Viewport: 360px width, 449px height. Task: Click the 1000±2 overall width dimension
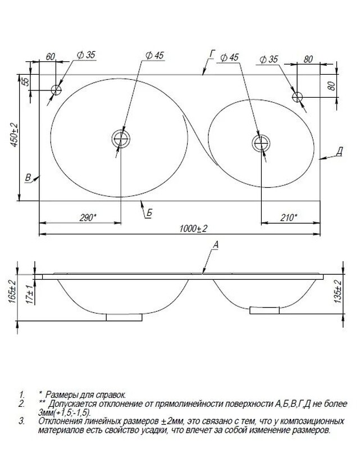coord(193,229)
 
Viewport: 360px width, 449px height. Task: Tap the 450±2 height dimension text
coord(14,135)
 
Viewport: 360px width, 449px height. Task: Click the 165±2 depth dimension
coord(12,291)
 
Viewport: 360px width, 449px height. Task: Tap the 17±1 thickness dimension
coord(30,294)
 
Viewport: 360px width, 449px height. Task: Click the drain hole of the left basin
coord(121,139)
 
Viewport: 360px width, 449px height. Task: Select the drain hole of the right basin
coord(261,143)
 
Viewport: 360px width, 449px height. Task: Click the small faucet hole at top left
coord(56,90)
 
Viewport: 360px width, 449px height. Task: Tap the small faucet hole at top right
coord(297,97)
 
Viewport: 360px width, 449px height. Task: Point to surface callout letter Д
coord(339,152)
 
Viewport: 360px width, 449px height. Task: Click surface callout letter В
coord(28,178)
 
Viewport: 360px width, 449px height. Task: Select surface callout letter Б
coord(149,213)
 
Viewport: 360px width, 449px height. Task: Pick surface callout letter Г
coord(212,54)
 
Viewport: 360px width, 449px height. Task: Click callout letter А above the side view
coord(216,245)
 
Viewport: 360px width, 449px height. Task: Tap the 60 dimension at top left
coord(51,57)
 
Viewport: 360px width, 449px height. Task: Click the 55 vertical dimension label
coord(26,81)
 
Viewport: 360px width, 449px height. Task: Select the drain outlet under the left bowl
coord(124,318)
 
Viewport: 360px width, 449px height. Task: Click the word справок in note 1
coord(111,395)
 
